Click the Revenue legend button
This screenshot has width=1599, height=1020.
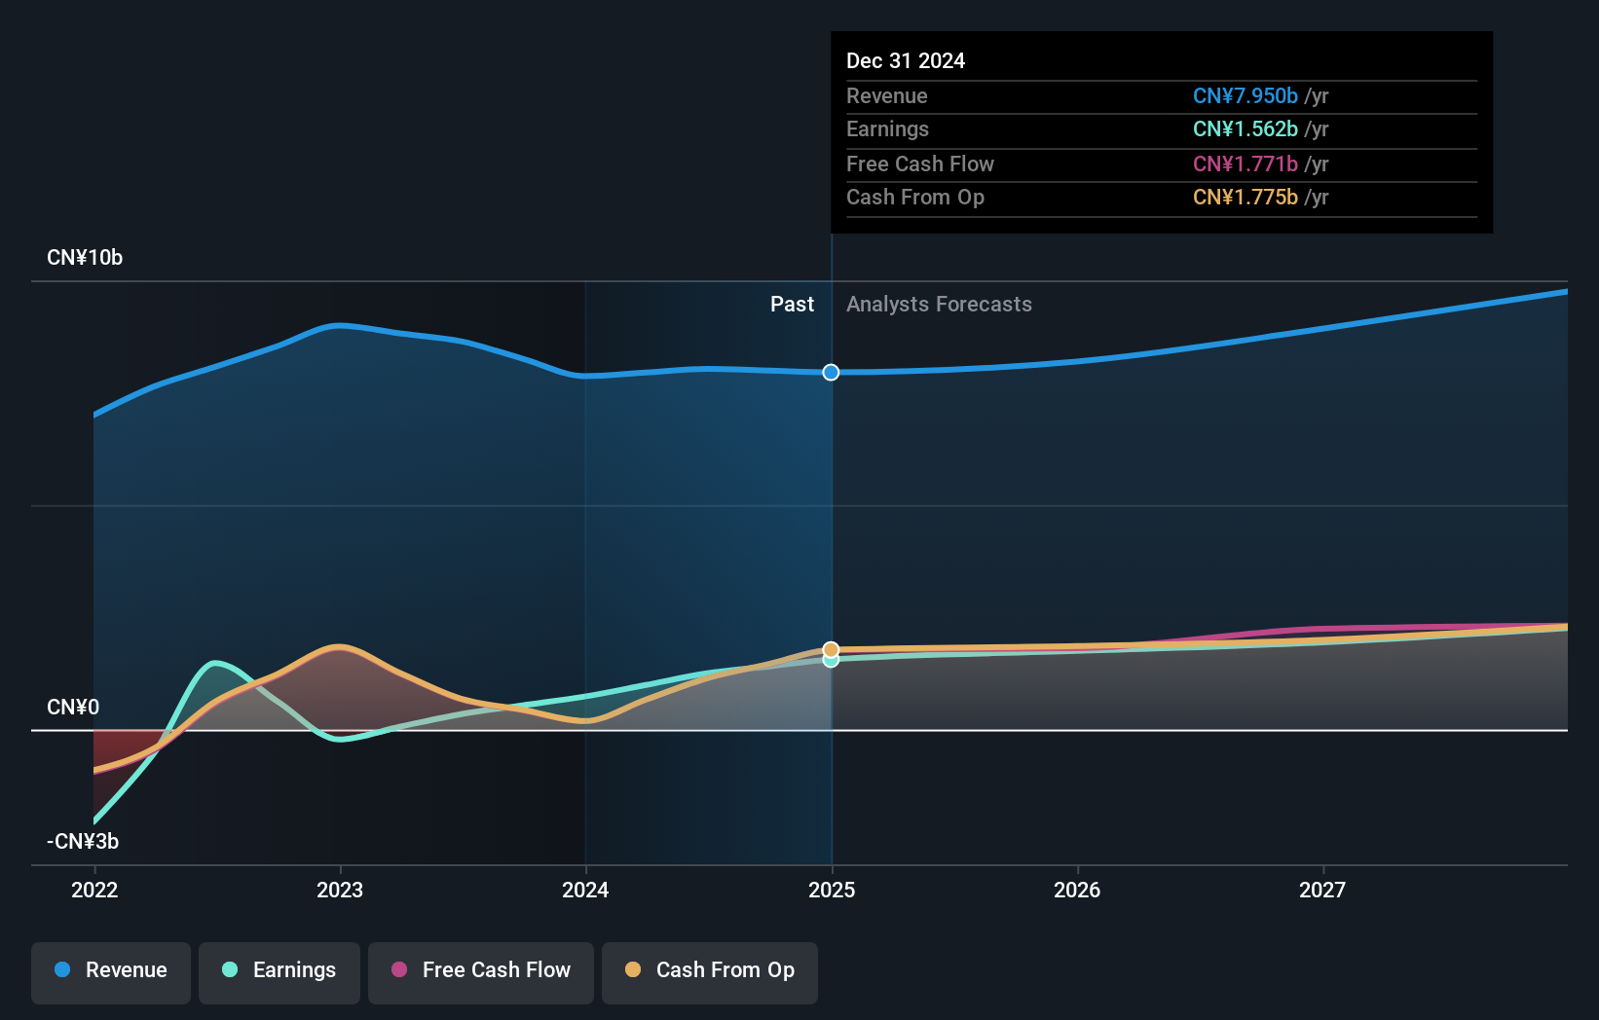point(111,971)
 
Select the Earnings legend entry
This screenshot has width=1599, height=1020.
point(279,971)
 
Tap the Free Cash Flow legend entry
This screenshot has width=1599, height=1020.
point(481,971)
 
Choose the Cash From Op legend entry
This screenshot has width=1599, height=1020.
point(710,971)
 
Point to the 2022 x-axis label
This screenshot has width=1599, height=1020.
point(94,890)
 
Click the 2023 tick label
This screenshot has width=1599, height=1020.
point(340,890)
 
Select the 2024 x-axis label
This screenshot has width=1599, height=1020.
point(585,890)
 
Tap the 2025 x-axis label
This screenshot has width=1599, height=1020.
point(832,890)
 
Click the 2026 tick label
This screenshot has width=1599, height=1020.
point(1077,890)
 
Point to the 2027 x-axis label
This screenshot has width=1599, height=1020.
point(1322,890)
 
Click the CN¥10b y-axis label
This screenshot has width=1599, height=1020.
point(85,258)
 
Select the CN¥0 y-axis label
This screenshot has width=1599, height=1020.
point(73,708)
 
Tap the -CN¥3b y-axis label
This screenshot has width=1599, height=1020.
point(83,842)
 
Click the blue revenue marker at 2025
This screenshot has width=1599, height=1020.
point(831,373)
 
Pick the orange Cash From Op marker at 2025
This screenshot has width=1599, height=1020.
point(831,649)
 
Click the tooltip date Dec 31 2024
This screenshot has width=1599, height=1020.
point(906,61)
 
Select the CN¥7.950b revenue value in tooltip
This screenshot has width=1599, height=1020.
point(1245,96)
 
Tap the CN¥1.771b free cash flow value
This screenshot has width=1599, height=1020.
point(1245,164)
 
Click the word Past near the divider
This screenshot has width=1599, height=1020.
point(792,305)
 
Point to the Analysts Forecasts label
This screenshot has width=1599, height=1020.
point(939,305)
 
